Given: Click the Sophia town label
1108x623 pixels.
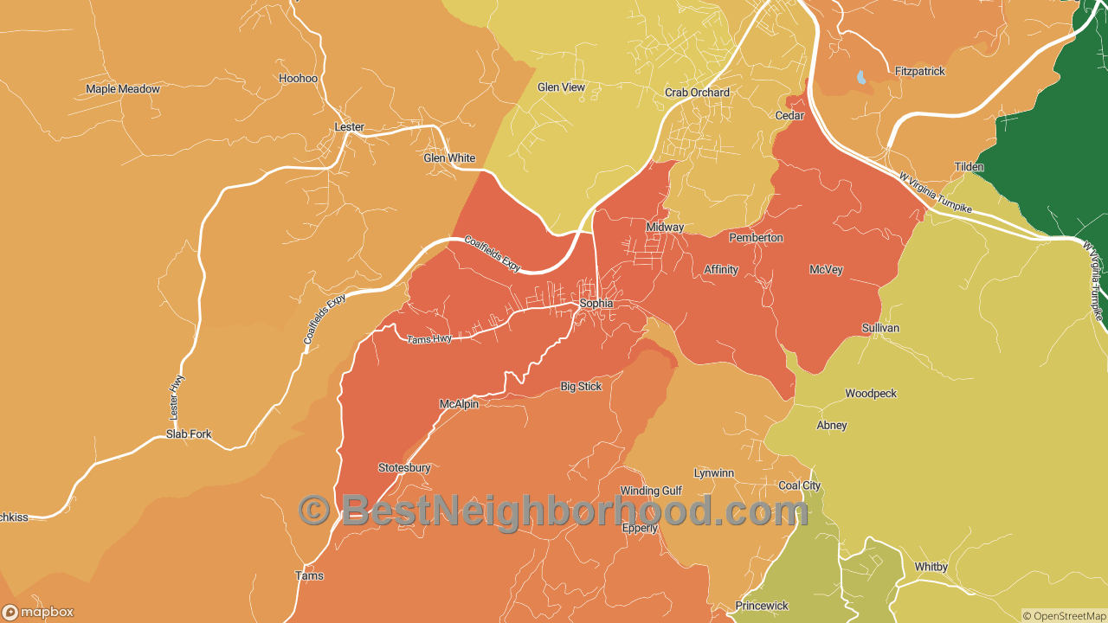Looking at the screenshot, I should tap(596, 304).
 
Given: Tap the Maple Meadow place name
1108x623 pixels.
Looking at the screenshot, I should tap(123, 89).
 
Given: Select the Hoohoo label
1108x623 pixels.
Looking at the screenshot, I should tap(298, 79).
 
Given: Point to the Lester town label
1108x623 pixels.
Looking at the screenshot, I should tap(349, 127).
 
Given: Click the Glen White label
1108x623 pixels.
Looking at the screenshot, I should tap(449, 158).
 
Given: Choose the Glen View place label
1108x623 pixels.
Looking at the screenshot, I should tap(561, 87).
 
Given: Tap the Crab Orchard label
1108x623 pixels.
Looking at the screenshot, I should tap(697, 93).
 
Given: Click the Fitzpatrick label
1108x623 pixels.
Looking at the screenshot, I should tap(920, 72).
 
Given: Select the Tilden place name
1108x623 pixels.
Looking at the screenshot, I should tap(969, 167).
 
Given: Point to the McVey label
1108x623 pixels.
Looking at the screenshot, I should tap(826, 270).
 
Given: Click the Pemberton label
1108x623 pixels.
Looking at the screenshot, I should tap(756, 238).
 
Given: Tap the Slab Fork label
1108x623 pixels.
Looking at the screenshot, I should tap(189, 434).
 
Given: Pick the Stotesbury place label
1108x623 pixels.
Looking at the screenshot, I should tap(404, 468).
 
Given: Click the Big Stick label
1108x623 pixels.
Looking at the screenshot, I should tap(581, 387).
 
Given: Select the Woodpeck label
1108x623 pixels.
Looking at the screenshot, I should tap(871, 394).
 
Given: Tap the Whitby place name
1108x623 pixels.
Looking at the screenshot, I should tap(931, 568).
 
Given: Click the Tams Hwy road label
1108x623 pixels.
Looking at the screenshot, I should tap(429, 339).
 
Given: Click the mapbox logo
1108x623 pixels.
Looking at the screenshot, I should tap(38, 613).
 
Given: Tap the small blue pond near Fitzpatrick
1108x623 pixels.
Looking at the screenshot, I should tap(861, 77).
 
